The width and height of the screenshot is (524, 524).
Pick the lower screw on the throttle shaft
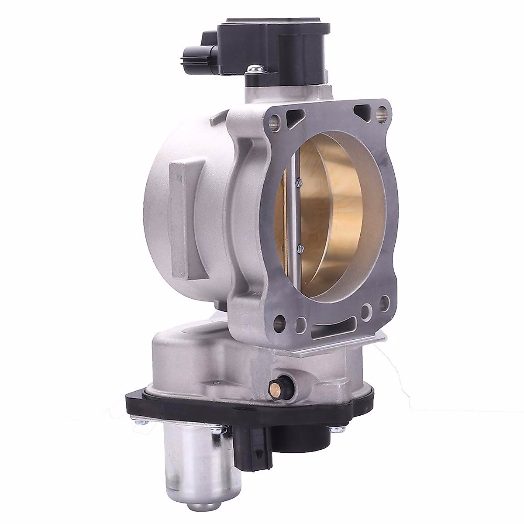coord(300,248)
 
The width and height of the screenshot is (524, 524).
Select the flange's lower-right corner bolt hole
coord(384,302)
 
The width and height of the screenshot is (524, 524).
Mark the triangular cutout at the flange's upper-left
coord(296,116)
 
